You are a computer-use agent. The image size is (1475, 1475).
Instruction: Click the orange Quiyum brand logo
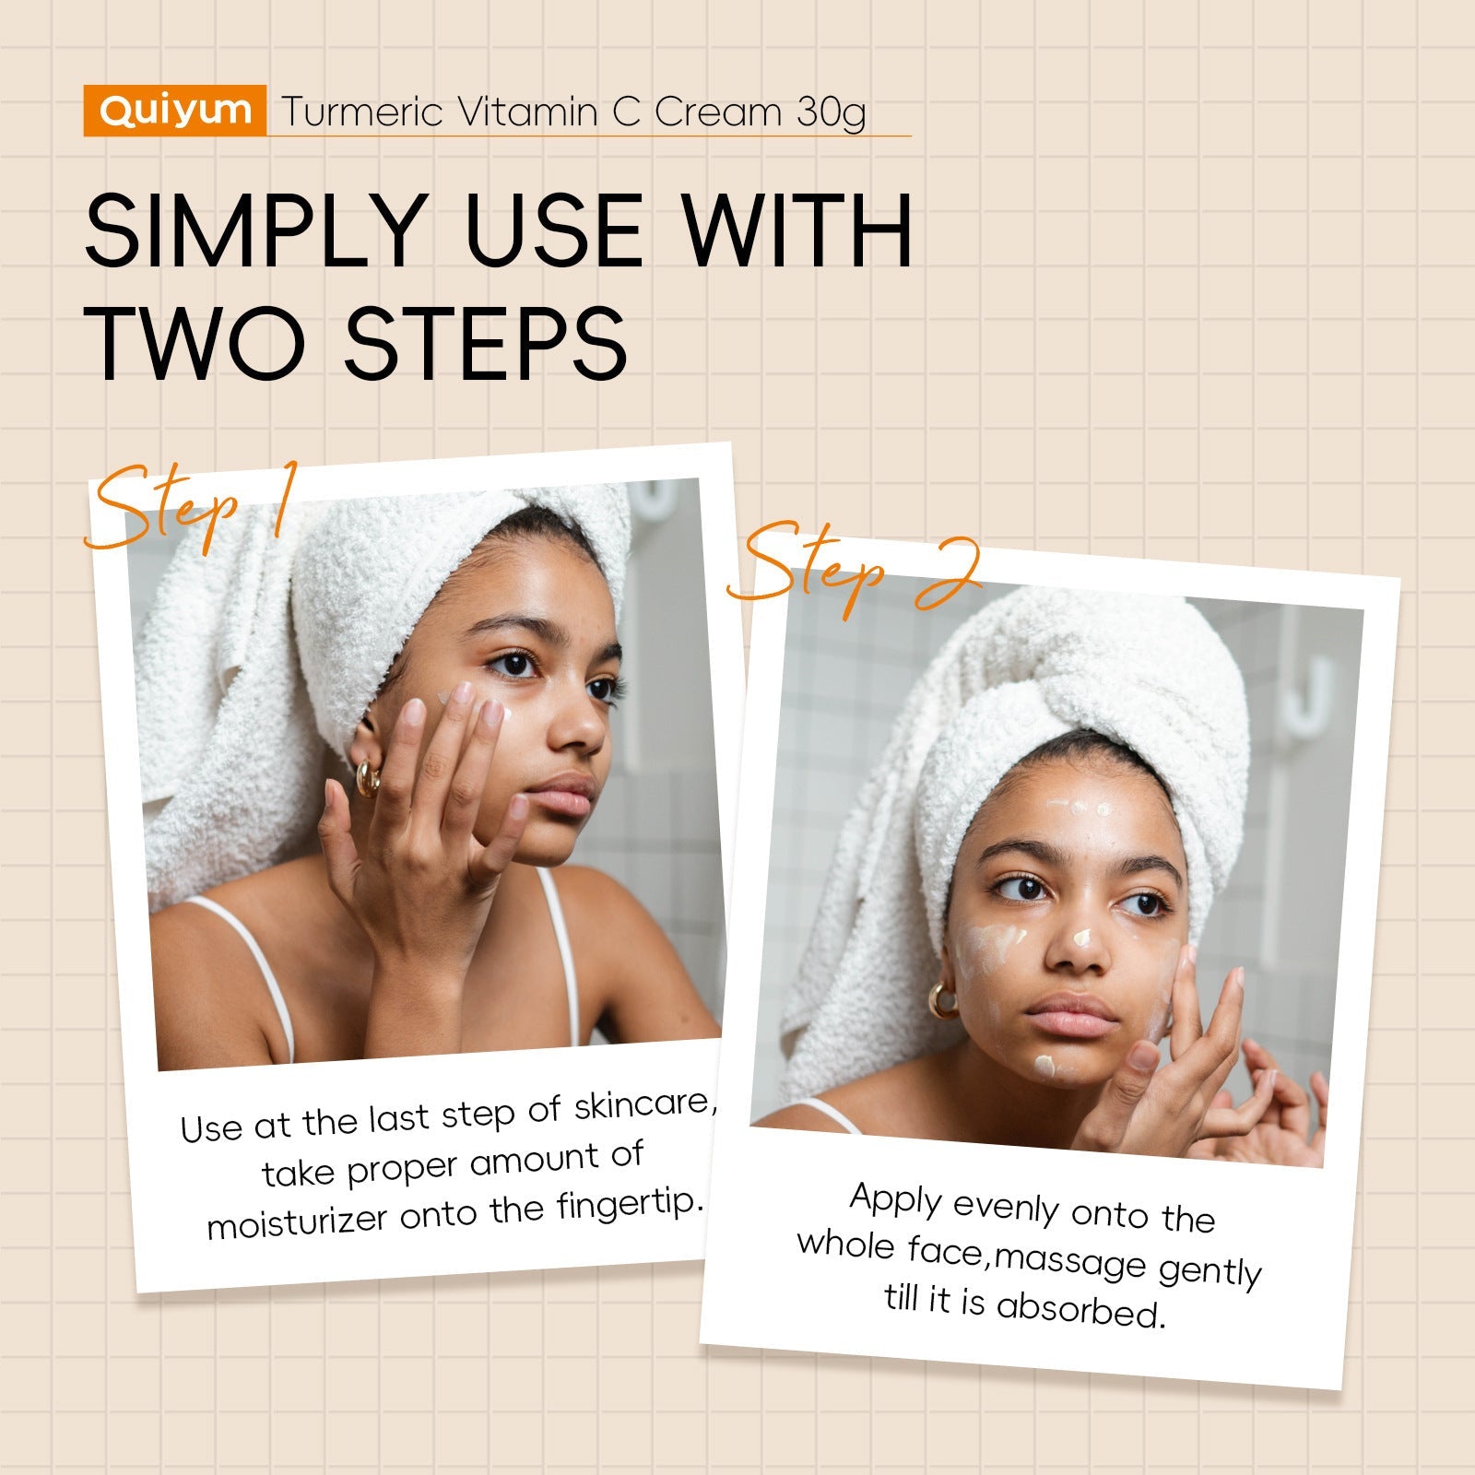(175, 111)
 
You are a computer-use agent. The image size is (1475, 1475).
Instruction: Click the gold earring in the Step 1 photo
(367, 779)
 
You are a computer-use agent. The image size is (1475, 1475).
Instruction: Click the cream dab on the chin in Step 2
(1046, 1067)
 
